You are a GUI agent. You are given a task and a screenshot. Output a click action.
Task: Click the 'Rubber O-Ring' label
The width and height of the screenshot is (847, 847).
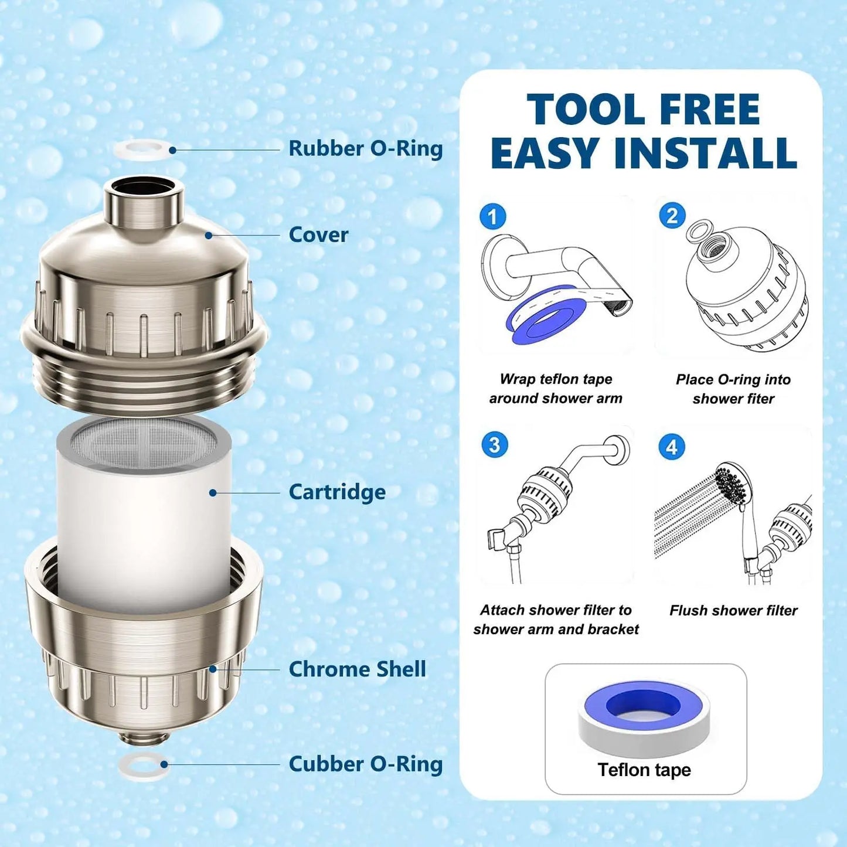(365, 149)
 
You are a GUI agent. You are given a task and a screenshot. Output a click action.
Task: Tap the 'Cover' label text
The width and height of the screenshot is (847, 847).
(318, 235)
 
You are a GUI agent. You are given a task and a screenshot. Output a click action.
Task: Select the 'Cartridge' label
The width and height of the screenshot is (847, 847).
(337, 492)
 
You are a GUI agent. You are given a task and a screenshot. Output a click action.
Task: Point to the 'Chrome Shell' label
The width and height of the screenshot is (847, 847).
(357, 669)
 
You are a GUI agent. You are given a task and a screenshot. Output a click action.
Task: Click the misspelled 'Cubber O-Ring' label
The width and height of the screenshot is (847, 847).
(365, 764)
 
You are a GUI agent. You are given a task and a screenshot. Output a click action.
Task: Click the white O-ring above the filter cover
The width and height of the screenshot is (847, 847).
(141, 149)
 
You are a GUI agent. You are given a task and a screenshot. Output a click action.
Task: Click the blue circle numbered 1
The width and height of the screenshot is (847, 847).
(492, 217)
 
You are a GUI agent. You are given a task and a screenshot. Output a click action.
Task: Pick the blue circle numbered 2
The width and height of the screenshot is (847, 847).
(672, 216)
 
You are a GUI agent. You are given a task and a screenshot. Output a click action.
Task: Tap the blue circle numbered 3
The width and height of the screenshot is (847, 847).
(494, 445)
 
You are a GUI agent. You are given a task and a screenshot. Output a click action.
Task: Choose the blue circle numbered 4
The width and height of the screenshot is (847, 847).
(672, 448)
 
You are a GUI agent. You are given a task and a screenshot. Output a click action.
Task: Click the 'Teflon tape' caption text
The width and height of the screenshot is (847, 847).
(644, 770)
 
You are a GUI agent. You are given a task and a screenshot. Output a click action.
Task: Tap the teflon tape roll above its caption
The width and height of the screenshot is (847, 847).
(644, 716)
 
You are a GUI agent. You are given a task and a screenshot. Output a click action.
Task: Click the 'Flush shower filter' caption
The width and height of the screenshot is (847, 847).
(733, 611)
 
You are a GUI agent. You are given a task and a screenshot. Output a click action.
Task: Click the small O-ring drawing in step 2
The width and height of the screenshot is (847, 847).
(699, 230)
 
